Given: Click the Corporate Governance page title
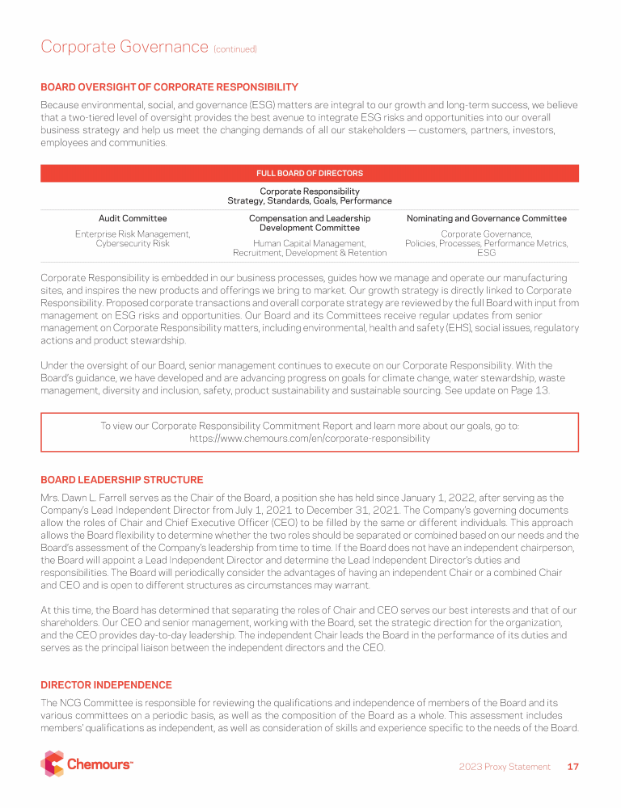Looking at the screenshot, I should point(125,47).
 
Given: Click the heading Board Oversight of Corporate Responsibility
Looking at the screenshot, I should point(169,87).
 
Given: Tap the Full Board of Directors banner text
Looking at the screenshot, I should point(310,174).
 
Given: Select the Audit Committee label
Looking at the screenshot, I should point(133,218).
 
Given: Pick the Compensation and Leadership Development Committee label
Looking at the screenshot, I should point(310,223).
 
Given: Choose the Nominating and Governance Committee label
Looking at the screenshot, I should point(486,218).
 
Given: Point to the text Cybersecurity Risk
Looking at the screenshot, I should point(133,243).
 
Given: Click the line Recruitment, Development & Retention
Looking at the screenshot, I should point(310,253).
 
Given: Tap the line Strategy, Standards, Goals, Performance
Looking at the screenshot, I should point(310,200).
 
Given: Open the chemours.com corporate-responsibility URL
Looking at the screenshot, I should point(310,439).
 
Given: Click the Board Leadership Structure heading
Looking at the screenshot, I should point(121,480).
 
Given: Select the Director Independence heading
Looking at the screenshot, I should point(106,685).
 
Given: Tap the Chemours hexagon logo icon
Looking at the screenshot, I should point(52,764).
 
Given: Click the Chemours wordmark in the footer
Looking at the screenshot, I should point(99,764).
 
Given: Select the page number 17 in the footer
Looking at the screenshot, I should point(573,767).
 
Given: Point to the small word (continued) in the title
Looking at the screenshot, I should point(235,49).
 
